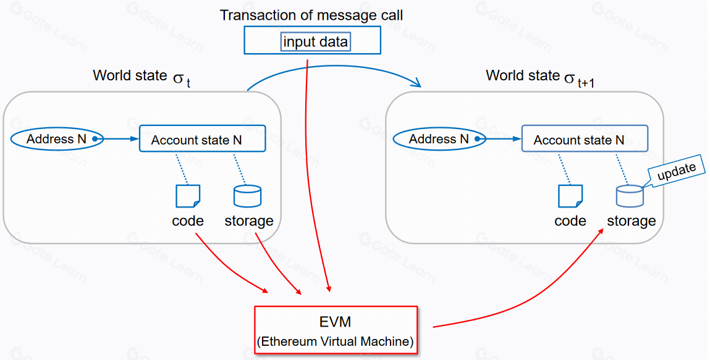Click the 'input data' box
[x=315, y=41]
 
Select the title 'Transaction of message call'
[x=311, y=15]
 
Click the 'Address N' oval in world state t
[x=56, y=139]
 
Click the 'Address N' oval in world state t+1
[x=439, y=139]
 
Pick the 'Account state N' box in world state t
[x=202, y=139]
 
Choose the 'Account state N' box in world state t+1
[x=585, y=139]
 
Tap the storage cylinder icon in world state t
[x=247, y=196]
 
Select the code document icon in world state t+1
[x=570, y=196]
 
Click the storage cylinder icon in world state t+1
[x=630, y=196]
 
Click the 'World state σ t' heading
[x=142, y=77]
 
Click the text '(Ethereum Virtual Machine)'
[x=336, y=340]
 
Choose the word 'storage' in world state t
[x=248, y=220]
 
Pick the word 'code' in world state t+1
[x=570, y=220]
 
